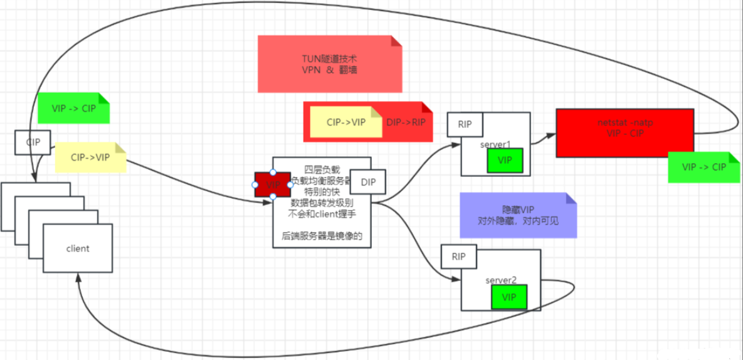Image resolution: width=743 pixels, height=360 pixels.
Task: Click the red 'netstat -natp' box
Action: [624, 132]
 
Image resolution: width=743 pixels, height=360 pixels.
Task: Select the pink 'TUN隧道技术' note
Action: [329, 63]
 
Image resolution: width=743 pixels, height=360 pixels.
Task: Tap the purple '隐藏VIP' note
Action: [517, 214]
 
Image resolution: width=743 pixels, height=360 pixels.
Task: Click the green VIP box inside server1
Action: [505, 160]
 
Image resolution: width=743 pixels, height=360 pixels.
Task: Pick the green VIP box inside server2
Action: [509, 297]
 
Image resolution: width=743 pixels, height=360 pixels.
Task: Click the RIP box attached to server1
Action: [465, 124]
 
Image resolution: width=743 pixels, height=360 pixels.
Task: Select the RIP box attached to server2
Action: [458, 256]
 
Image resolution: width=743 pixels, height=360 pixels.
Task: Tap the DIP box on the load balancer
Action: [368, 181]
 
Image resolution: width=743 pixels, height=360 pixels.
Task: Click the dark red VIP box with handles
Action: [273, 185]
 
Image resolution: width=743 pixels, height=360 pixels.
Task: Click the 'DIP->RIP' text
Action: [406, 122]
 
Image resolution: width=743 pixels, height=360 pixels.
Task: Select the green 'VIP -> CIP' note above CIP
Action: [73, 108]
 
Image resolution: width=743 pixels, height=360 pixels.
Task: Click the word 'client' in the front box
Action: [78, 248]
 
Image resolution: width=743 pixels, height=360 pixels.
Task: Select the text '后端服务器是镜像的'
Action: [322, 236]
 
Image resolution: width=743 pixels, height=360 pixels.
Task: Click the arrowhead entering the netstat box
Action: [551, 134]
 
